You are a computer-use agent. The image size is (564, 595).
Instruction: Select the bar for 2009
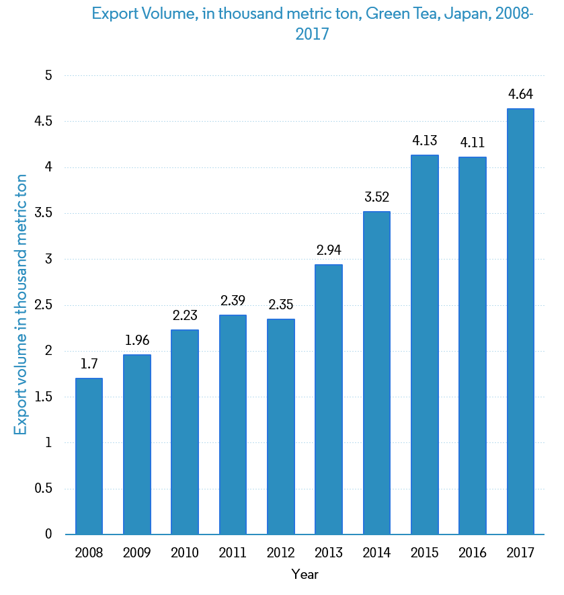click(137, 444)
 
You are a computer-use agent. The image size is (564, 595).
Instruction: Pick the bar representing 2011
click(233, 424)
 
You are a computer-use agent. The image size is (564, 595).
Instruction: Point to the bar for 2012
click(281, 426)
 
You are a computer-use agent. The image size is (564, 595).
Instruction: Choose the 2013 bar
click(329, 399)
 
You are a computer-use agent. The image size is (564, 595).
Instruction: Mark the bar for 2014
click(376, 372)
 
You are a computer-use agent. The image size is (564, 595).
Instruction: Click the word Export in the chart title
click(112, 14)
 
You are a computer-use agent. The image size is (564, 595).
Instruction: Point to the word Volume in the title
click(165, 14)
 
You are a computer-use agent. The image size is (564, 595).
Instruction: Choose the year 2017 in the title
click(312, 34)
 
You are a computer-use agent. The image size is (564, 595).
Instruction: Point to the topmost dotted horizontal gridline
click(305, 75)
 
